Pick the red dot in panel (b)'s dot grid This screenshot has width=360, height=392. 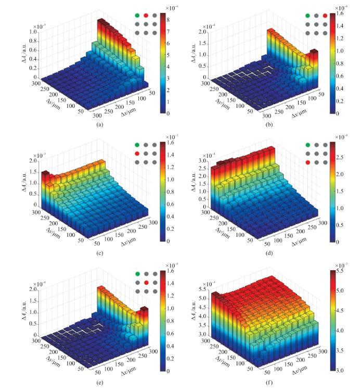(325, 16)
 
